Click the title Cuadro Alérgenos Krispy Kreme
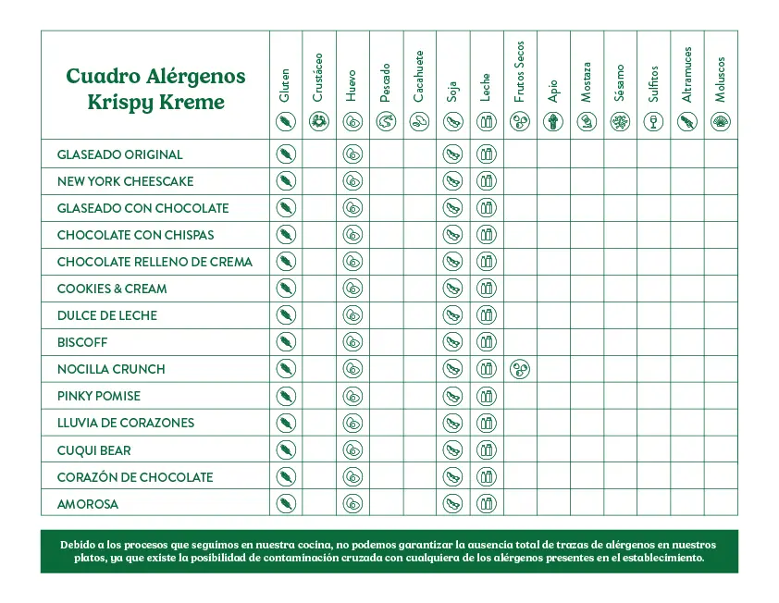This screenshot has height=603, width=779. point(155,88)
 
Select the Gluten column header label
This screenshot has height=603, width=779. point(285,84)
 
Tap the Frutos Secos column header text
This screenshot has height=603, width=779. point(519,72)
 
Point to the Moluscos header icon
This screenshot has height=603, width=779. point(720,121)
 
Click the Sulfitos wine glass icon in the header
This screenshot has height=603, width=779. point(653,121)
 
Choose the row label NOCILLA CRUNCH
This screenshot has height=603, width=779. point(111,369)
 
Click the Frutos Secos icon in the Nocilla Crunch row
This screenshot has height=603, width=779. point(520,369)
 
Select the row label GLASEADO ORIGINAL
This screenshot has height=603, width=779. point(120,154)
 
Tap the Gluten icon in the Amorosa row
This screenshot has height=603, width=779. point(286,504)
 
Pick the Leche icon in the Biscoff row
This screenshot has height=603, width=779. point(487,342)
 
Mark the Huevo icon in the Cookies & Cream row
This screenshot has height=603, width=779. point(352,289)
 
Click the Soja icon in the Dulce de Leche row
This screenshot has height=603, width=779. point(452,315)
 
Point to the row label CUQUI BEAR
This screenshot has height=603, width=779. point(94,450)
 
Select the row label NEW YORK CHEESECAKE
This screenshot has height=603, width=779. point(126,181)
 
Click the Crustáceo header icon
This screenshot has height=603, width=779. point(319,121)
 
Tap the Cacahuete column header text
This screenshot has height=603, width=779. point(419,77)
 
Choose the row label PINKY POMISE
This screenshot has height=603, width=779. point(99,396)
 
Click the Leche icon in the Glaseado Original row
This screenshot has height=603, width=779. point(487,154)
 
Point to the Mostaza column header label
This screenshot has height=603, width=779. point(587,82)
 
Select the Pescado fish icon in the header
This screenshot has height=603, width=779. point(386,121)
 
